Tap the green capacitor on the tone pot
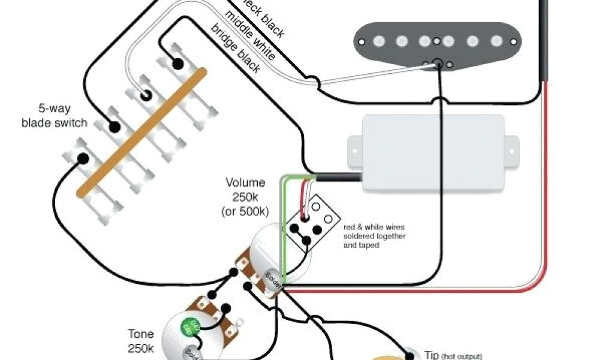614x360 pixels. (x=189, y=327)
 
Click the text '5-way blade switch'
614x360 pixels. (x=54, y=118)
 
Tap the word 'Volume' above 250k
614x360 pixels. (x=244, y=182)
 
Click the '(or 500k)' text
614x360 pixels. (x=245, y=211)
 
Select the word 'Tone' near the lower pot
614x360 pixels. (x=140, y=334)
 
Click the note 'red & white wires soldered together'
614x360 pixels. (x=374, y=236)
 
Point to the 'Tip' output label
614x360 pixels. (x=432, y=355)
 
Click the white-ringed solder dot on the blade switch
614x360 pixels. (x=146, y=95)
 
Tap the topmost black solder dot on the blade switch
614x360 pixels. (x=177, y=64)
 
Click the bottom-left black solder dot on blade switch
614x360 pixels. (x=83, y=159)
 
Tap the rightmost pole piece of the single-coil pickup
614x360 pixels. (x=496, y=41)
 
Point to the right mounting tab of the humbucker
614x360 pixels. (x=511, y=145)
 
